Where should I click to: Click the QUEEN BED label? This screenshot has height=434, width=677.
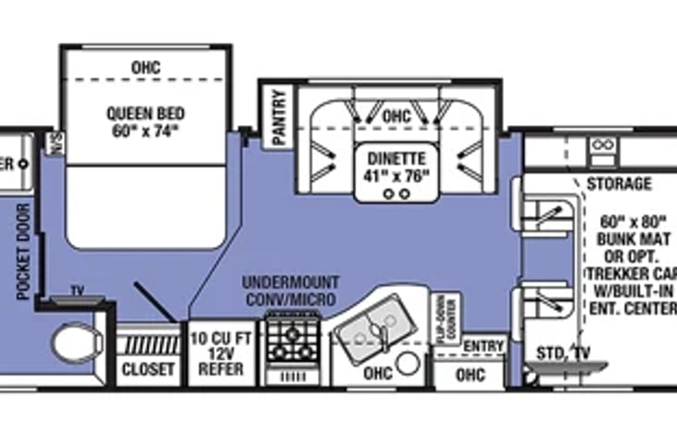[x=144, y=114]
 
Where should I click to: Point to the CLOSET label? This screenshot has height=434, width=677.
[x=148, y=369]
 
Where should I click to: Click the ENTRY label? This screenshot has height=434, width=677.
[x=483, y=346]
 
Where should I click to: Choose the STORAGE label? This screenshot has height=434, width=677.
[x=619, y=184]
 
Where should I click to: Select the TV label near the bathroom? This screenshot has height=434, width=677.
[x=77, y=291]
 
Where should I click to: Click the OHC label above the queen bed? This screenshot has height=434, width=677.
[x=145, y=68]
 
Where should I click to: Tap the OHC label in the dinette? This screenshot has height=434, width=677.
[x=395, y=118]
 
